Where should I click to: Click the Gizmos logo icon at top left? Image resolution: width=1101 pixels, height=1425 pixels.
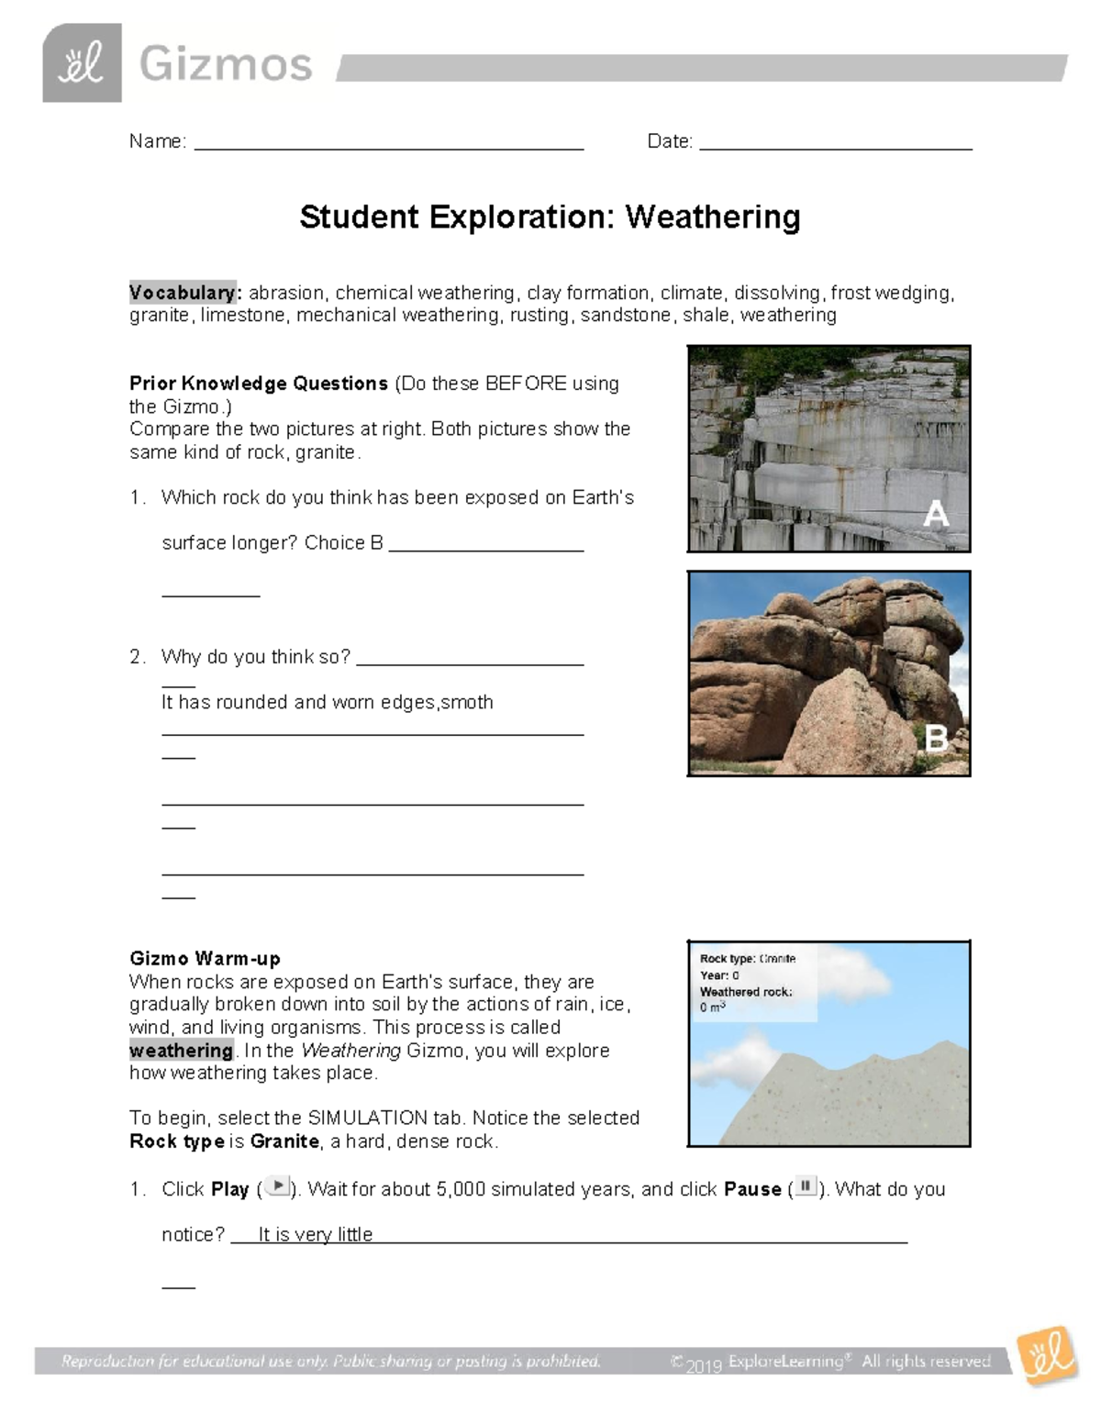[x=82, y=63]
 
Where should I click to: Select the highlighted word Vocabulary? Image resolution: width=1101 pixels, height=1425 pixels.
[x=183, y=293]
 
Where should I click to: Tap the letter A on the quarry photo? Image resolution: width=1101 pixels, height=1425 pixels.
[x=935, y=514]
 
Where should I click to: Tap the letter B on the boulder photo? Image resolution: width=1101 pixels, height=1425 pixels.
[x=935, y=738]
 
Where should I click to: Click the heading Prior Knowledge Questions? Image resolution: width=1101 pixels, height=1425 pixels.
[x=259, y=384]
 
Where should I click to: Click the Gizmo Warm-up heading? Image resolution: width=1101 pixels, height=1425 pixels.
[x=205, y=959]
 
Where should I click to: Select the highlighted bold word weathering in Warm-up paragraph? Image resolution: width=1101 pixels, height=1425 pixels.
[x=181, y=1051]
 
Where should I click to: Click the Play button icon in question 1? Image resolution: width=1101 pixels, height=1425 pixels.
[x=276, y=1186]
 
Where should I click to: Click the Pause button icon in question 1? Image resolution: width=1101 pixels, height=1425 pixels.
[x=805, y=1186]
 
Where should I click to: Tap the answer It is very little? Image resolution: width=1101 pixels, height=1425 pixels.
[x=315, y=1235]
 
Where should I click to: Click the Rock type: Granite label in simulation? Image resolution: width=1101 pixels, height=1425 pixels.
[x=747, y=958]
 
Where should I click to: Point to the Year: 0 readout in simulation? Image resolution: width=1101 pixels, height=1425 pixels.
[x=719, y=974]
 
